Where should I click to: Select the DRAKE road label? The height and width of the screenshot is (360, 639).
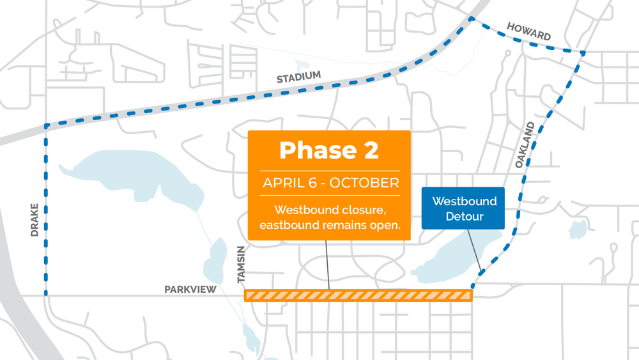click(x=35, y=221)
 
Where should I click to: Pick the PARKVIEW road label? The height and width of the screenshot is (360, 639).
click(x=190, y=290)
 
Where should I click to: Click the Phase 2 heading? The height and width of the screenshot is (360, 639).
click(x=328, y=150)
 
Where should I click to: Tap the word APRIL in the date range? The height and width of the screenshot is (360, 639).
click(x=284, y=183)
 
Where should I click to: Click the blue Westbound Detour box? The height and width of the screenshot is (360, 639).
click(x=464, y=208)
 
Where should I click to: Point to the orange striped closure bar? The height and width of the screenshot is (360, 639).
click(x=358, y=295)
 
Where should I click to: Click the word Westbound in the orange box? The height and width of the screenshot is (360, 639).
click(x=304, y=210)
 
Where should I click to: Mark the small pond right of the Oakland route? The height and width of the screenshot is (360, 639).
click(x=578, y=228)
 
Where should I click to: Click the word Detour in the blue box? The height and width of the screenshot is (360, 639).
click(x=464, y=217)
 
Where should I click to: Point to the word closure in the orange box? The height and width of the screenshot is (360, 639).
click(x=363, y=210)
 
